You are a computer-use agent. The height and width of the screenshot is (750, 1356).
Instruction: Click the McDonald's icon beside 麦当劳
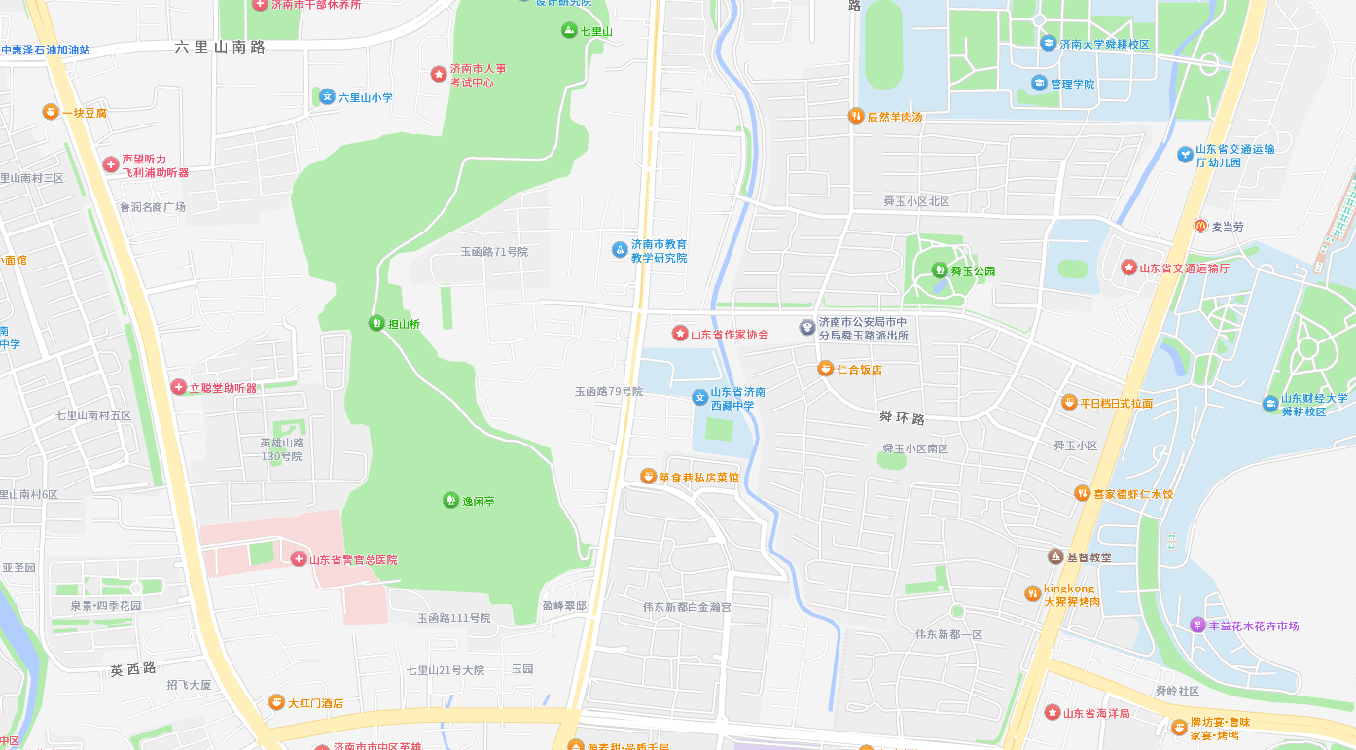[x=1201, y=226]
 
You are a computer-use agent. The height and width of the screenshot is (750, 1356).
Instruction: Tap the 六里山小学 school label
[x=365, y=97]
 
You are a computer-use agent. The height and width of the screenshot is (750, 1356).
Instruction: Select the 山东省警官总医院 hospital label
[x=353, y=559]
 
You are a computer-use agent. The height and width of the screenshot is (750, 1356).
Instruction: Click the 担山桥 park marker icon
[x=376, y=323]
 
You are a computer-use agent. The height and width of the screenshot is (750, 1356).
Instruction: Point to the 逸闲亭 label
[x=478, y=501]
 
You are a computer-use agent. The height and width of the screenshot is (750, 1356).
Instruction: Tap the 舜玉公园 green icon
[x=940, y=270]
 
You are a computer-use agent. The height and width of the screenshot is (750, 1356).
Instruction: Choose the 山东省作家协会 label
[x=730, y=334]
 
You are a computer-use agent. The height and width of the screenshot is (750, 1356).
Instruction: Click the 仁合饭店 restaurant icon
[x=825, y=369]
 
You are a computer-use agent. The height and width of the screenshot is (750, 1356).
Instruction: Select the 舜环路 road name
[x=902, y=417]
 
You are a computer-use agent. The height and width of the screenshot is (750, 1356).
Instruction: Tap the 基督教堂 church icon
[x=1055, y=556]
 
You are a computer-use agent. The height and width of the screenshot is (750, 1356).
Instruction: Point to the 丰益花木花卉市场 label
[x=1254, y=625]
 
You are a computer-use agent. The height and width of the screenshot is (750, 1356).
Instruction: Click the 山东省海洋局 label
[x=1096, y=713]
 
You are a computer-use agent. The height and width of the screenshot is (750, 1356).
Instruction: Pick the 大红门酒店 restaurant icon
[x=276, y=702]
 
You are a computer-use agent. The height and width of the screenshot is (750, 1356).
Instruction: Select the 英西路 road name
[x=133, y=669]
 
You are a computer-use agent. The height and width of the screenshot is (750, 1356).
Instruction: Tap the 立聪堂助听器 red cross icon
[x=178, y=387]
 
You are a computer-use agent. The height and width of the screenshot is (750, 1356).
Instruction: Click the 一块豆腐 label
[x=85, y=113]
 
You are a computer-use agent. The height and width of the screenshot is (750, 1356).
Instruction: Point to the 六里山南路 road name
[x=221, y=47]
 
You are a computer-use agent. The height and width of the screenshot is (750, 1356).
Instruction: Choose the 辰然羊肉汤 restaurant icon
[x=856, y=116]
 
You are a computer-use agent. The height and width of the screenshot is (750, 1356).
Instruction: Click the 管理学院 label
[x=1072, y=84]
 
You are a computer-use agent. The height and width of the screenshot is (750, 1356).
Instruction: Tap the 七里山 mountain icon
[x=569, y=31]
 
